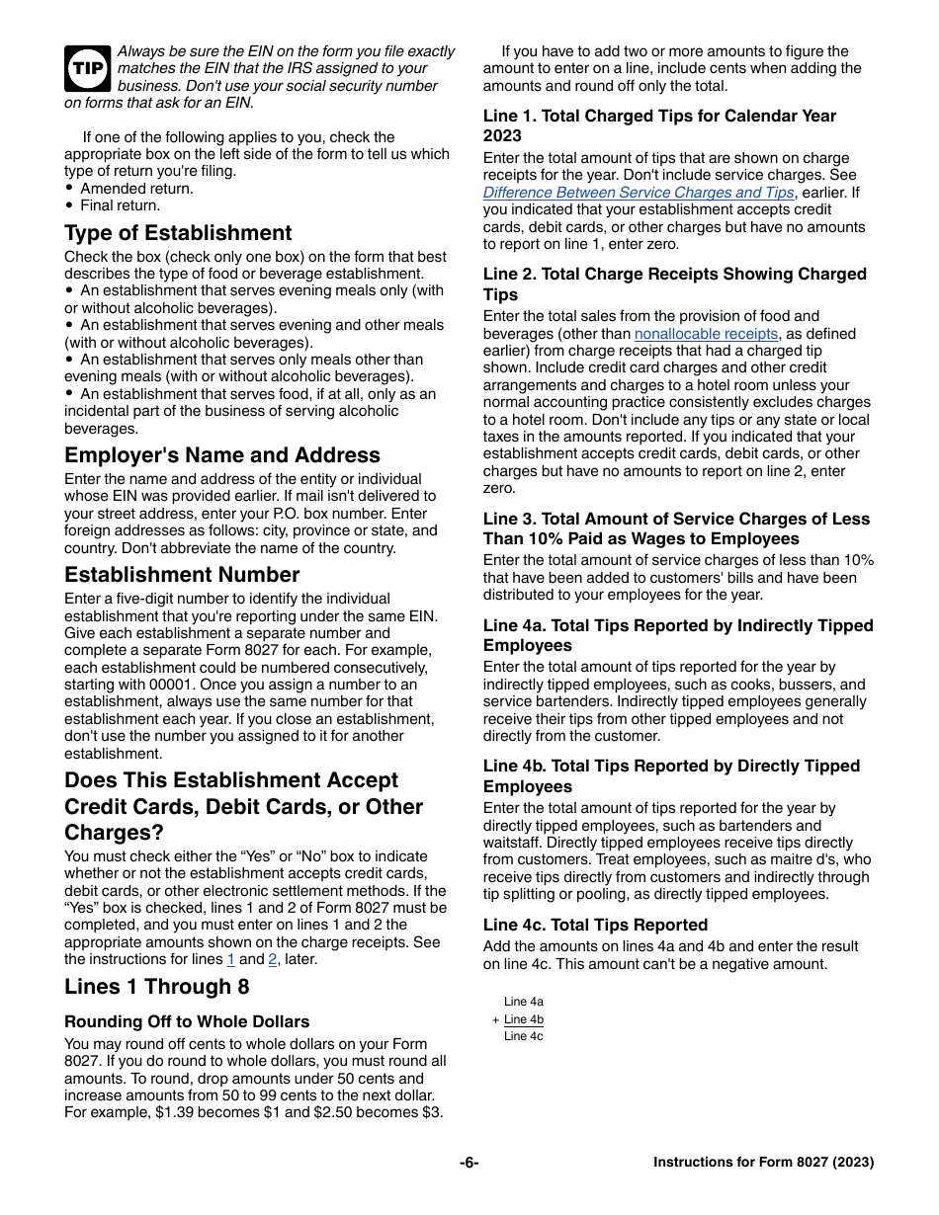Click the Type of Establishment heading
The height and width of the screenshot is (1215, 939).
click(x=178, y=233)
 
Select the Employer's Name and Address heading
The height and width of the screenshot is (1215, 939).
click(x=222, y=455)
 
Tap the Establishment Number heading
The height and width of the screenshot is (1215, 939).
click(x=182, y=575)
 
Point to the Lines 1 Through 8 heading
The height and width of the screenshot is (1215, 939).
click(x=157, y=987)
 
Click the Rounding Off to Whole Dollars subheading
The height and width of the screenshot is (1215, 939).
click(x=187, y=1021)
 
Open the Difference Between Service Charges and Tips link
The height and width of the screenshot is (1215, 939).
click(x=639, y=193)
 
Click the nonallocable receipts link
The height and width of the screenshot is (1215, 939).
click(x=706, y=334)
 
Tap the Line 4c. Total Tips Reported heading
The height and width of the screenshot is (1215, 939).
click(x=595, y=925)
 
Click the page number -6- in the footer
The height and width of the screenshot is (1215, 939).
click(x=469, y=1163)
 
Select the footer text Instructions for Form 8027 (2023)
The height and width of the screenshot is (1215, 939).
click(x=763, y=1163)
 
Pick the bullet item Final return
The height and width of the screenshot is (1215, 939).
click(x=120, y=205)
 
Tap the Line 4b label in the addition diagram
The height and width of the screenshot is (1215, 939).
click(x=524, y=1019)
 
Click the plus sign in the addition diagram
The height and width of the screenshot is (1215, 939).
click(x=495, y=1019)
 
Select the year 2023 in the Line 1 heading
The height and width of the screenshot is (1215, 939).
click(x=502, y=135)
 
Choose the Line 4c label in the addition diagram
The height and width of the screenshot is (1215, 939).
click(x=524, y=1036)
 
